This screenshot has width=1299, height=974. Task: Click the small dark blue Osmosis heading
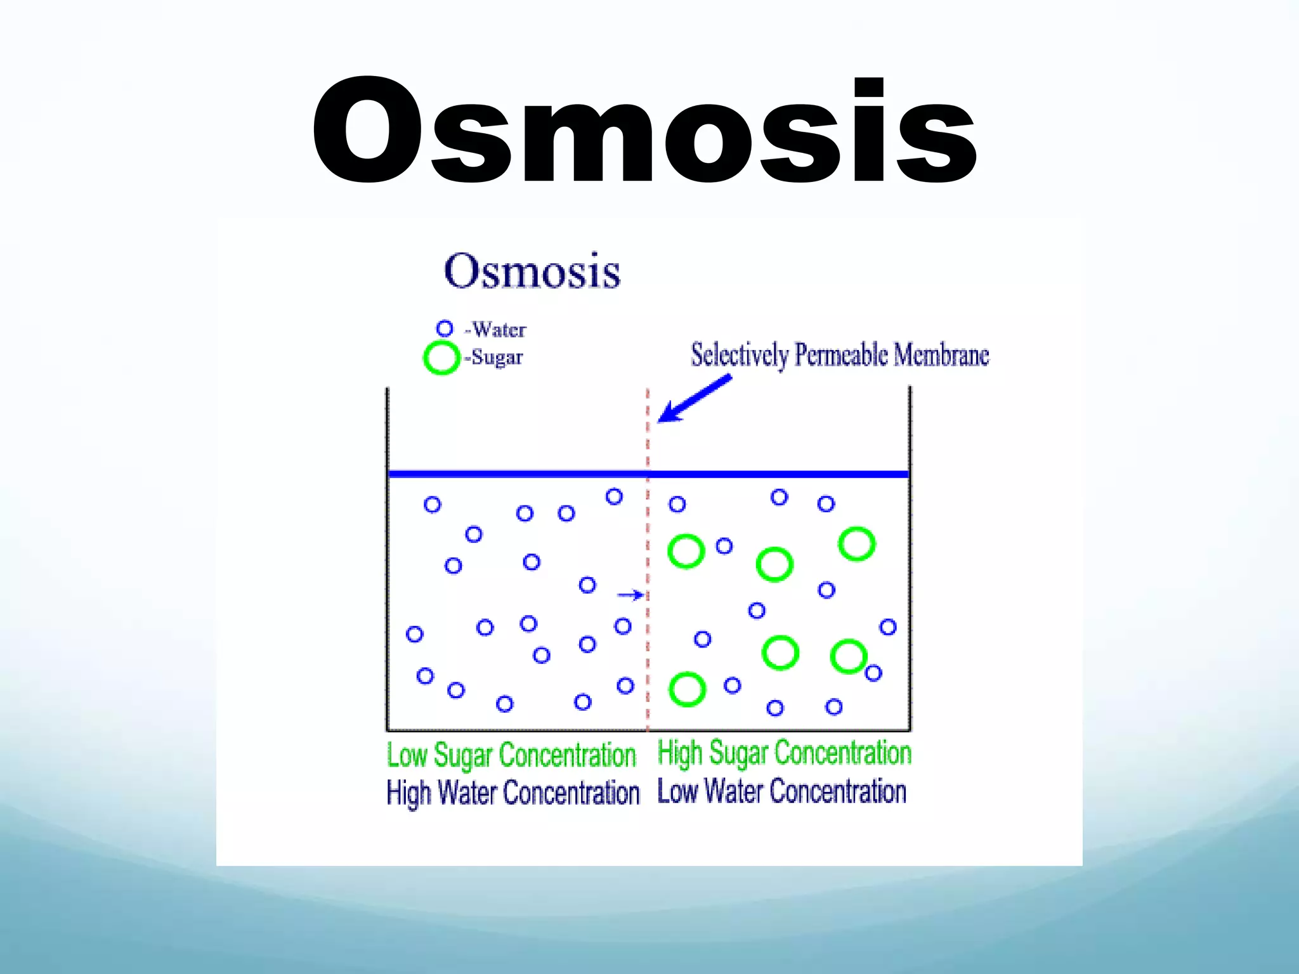[x=532, y=271]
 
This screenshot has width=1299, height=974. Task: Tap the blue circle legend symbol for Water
[x=445, y=328]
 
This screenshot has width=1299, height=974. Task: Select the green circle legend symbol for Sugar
[x=441, y=358]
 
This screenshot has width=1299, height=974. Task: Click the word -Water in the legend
[x=496, y=330]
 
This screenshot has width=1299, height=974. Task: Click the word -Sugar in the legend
[x=494, y=358]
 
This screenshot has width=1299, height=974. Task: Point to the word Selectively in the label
[x=740, y=355]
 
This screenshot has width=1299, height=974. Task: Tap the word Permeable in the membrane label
[x=841, y=355]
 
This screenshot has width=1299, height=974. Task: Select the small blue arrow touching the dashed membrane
[x=630, y=595]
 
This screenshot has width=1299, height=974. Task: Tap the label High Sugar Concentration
[x=784, y=753]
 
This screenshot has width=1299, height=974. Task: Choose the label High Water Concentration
[x=512, y=793]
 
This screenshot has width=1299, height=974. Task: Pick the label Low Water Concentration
[x=781, y=792]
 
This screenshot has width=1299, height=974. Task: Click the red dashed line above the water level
[x=648, y=431]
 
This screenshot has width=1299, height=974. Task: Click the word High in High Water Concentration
[x=409, y=793]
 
